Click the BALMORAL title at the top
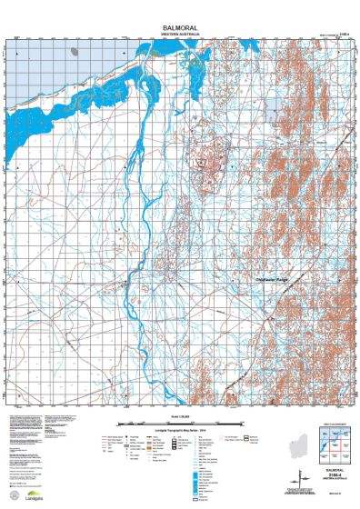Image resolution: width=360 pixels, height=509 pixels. pos(180,28)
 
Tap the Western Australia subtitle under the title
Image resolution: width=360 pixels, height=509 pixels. pos(180,35)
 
